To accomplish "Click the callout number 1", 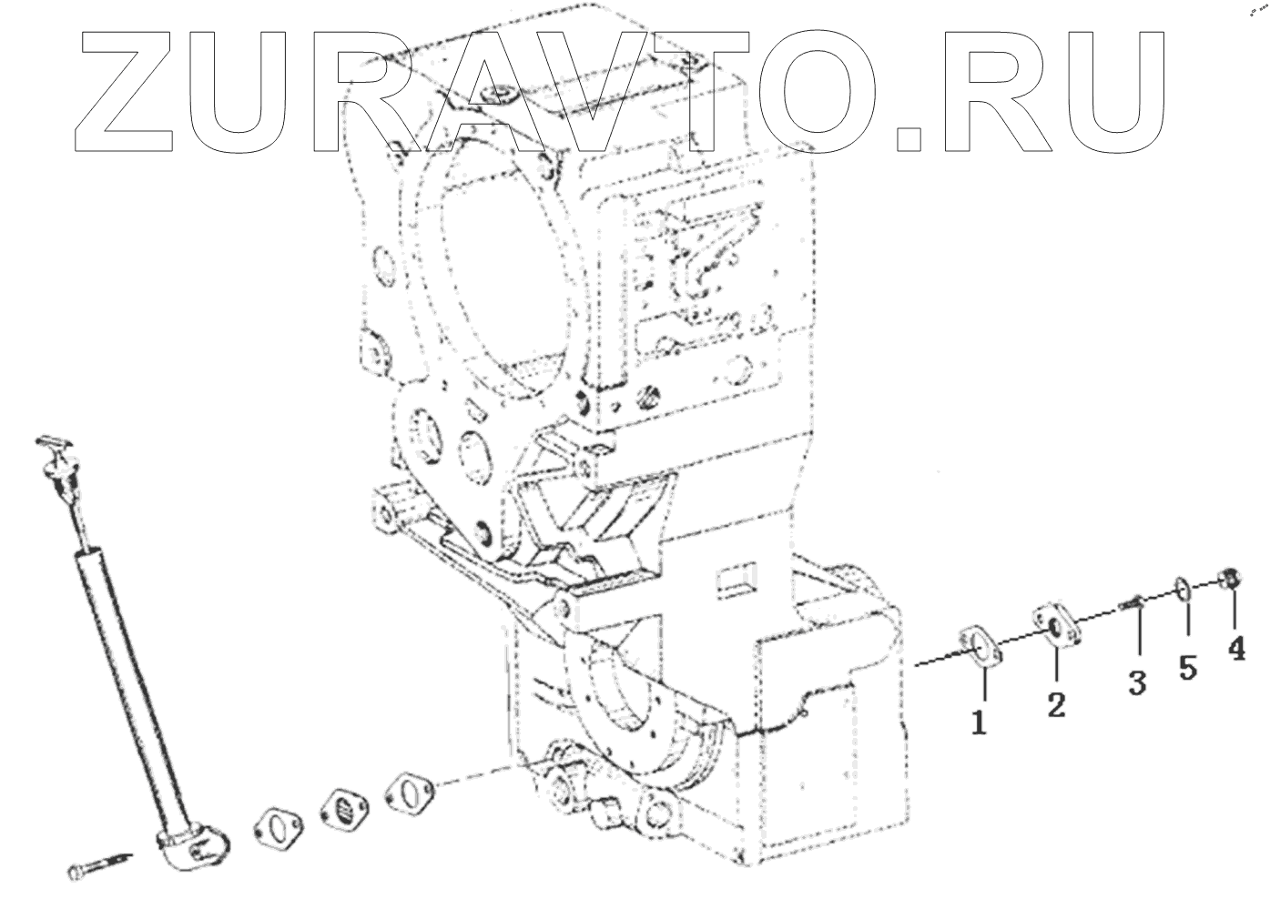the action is click(x=979, y=723).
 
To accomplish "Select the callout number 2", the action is click(x=1056, y=703).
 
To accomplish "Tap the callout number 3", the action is click(x=1137, y=682).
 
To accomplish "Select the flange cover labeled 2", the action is click(x=1056, y=625).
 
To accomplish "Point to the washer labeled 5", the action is click(x=1183, y=589).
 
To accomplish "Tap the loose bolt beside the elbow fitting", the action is click(x=97, y=864).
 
